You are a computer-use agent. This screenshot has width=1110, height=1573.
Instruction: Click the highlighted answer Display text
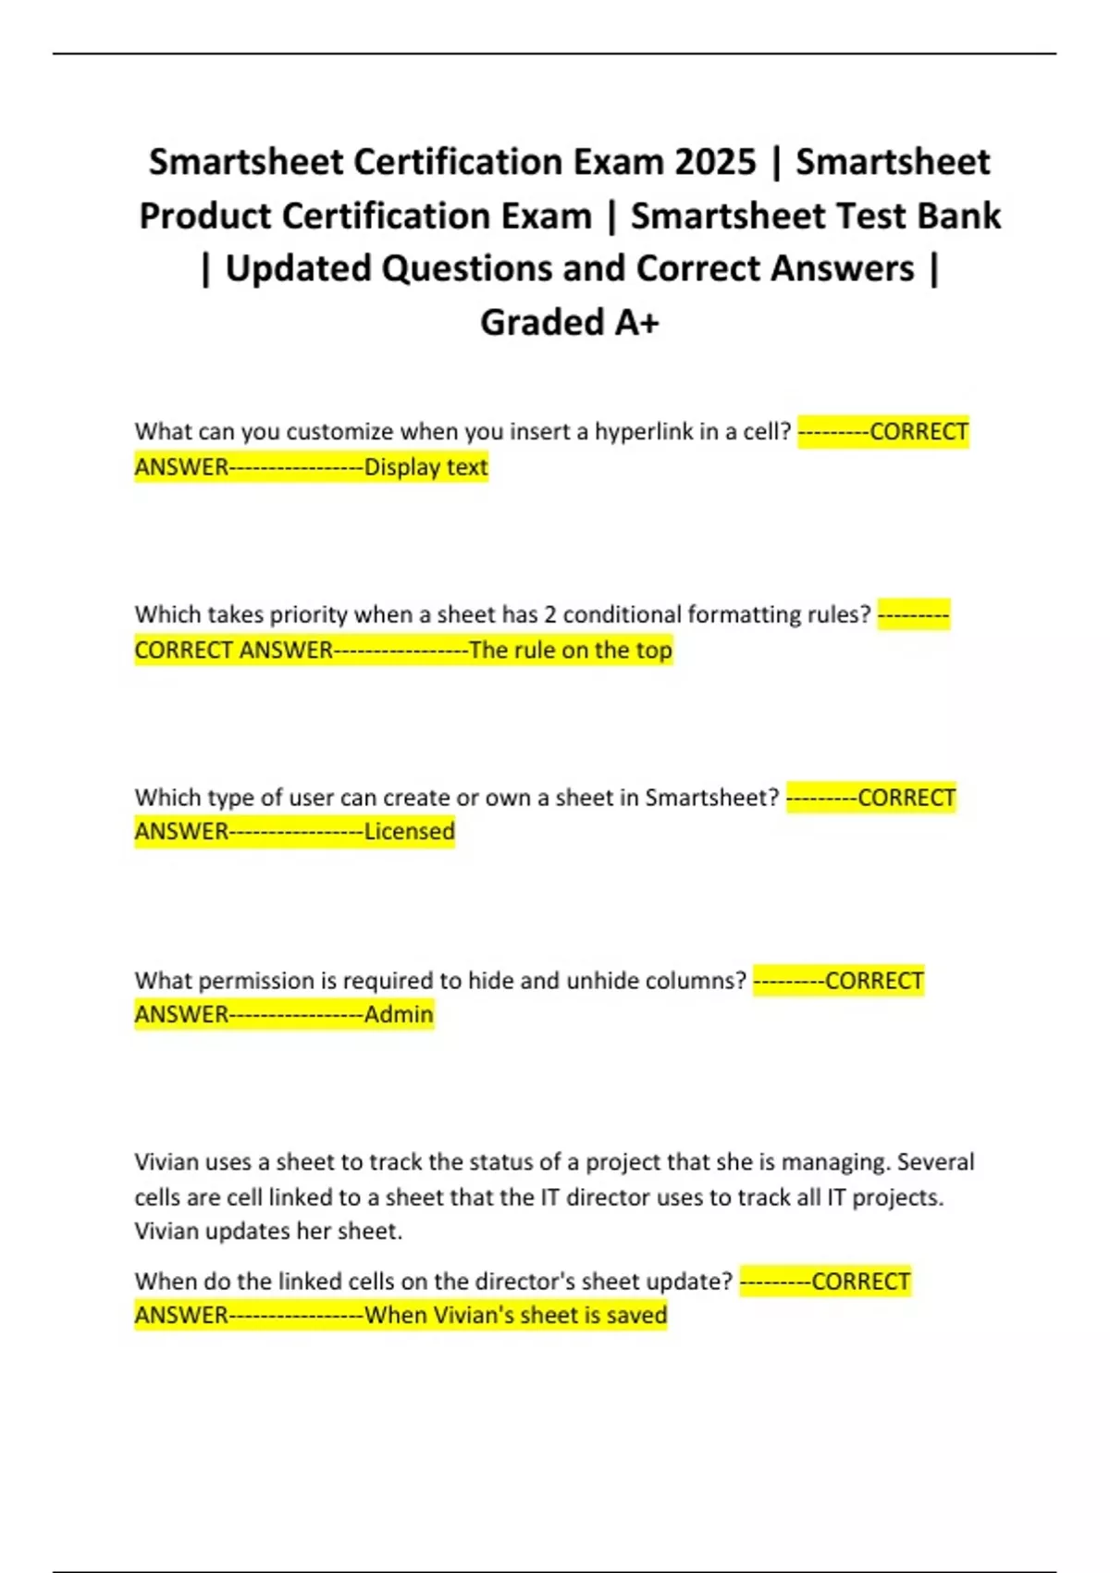pyautogui.click(x=425, y=467)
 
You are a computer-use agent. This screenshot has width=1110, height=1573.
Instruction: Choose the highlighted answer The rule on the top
pyautogui.click(x=570, y=650)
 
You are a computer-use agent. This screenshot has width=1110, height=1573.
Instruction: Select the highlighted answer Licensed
pyautogui.click(x=409, y=832)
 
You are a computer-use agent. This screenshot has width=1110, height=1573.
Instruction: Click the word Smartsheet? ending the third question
pyautogui.click(x=712, y=798)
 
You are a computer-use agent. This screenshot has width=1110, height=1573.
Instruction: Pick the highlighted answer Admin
pyautogui.click(x=399, y=1015)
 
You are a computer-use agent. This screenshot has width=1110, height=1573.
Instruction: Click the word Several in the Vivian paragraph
pyautogui.click(x=935, y=1162)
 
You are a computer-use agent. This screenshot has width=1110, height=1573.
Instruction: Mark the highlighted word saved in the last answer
pyautogui.click(x=636, y=1316)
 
